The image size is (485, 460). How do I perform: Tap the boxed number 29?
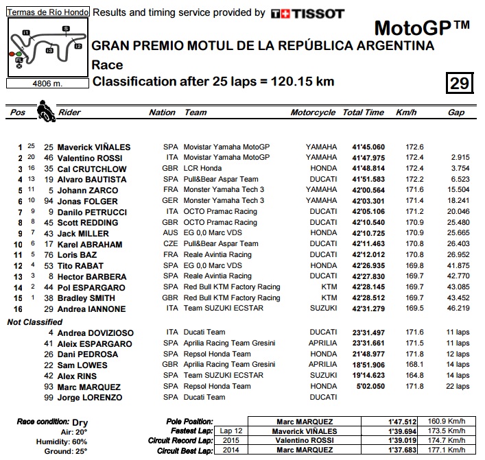click(x=459, y=84)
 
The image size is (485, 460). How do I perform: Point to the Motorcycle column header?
click(x=313, y=112)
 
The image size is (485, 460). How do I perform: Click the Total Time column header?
click(x=364, y=112)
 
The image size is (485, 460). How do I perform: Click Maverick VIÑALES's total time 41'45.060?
click(x=368, y=147)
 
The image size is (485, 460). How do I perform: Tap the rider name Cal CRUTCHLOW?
click(x=92, y=169)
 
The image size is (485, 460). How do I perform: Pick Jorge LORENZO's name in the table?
click(x=90, y=398)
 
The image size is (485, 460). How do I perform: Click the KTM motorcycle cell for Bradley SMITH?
click(x=329, y=298)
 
